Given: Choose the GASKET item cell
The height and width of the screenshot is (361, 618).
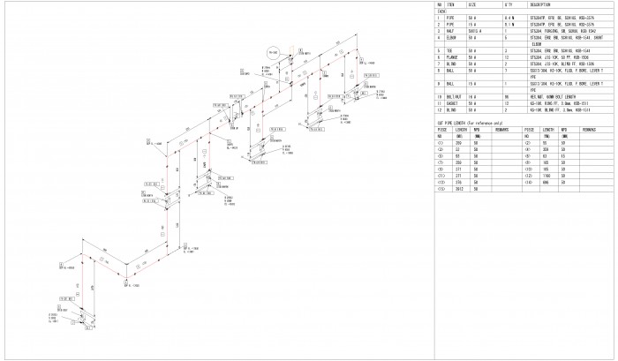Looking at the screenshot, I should [451, 102].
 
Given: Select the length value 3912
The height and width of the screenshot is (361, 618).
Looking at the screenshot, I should [458, 189].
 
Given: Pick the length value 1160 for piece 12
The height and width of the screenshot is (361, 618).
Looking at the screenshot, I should [546, 177].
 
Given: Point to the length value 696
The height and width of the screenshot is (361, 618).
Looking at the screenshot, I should [546, 183].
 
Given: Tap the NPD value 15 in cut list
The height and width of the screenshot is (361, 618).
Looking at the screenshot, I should [562, 155].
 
